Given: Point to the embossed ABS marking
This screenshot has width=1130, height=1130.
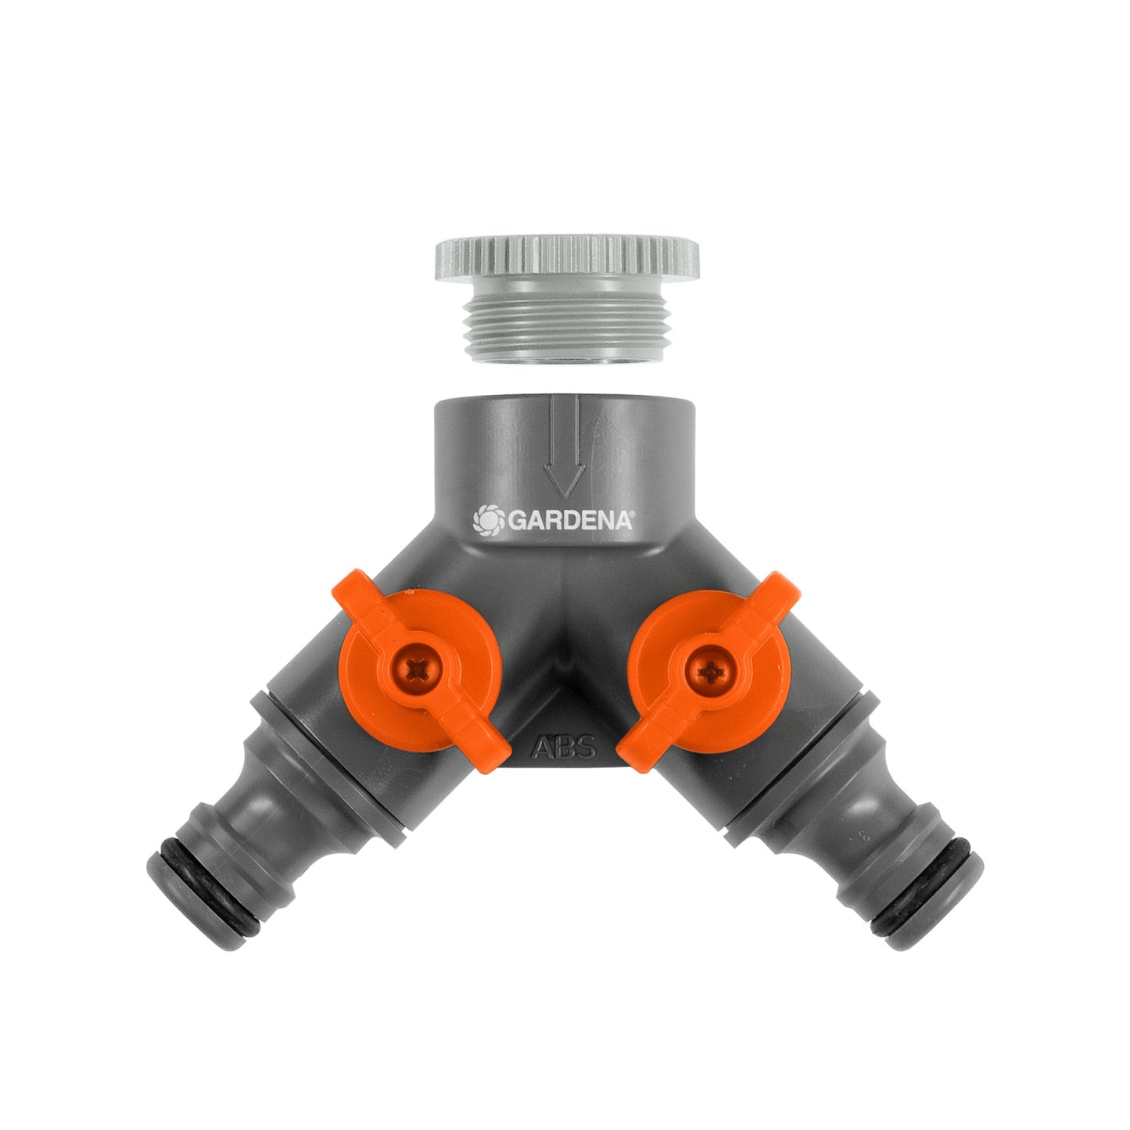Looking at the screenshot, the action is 564,748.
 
